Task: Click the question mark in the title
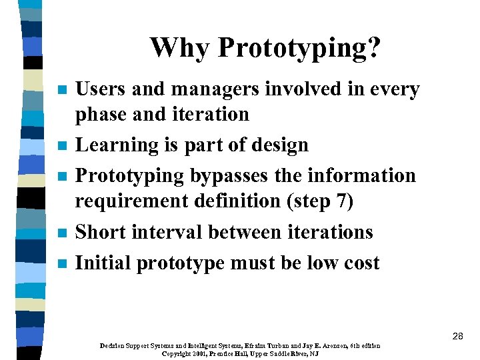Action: coord(375,48)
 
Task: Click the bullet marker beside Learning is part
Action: coord(62,145)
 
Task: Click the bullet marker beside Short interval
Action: coord(62,233)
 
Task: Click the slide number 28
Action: coord(457,336)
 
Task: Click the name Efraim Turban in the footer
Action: coord(246,346)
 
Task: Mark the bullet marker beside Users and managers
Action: coord(62,90)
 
